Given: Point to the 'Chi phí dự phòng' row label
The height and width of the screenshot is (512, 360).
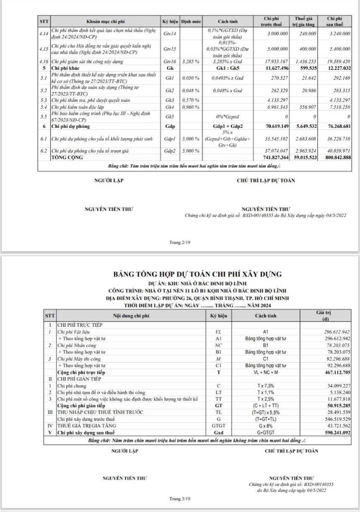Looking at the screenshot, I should (x=69, y=126).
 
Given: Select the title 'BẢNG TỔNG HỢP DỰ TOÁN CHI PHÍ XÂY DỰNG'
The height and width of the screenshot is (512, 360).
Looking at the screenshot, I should (x=197, y=274).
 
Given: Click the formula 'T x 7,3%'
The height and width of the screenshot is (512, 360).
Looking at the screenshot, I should (x=265, y=386).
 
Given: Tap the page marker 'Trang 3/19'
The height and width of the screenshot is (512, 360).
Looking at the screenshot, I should (x=180, y=499).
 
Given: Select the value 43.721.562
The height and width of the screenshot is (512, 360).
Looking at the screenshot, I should (x=339, y=426).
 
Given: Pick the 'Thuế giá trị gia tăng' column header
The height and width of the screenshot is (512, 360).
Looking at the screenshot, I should (x=304, y=21).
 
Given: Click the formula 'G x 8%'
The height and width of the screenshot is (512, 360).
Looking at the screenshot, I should (x=265, y=426).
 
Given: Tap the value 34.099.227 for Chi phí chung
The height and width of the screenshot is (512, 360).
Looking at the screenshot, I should (x=339, y=386).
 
